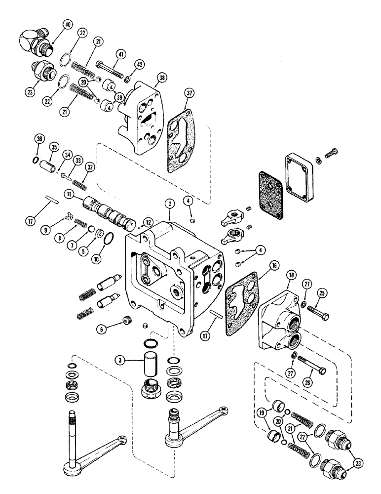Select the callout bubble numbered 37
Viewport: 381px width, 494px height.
pos(187,94)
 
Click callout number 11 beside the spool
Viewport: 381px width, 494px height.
pos(68,196)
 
